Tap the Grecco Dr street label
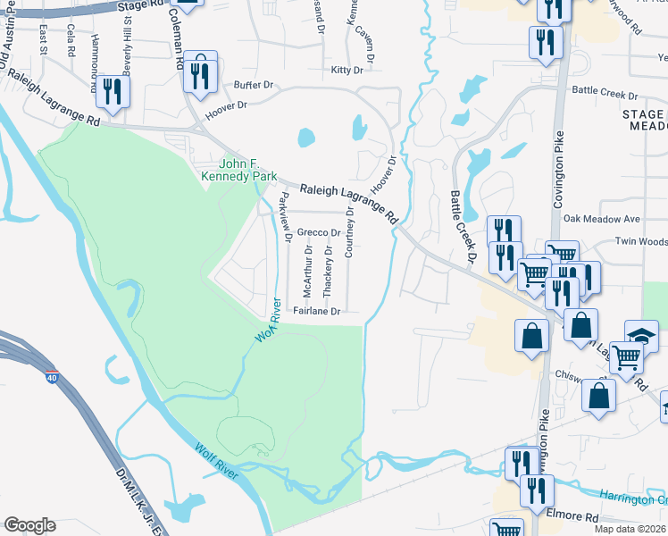coord(319,232)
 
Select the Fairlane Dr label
coord(318,312)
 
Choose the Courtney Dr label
coord(349,231)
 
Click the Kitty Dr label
coord(347,70)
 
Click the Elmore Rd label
coord(573,516)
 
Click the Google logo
coord(29,525)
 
